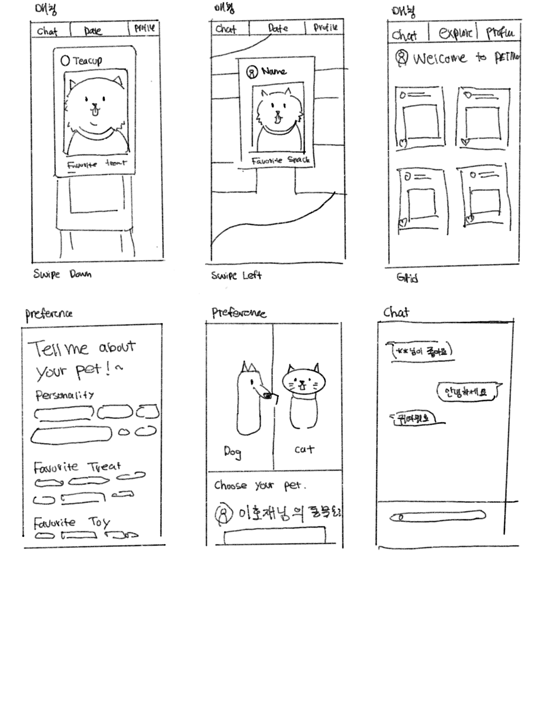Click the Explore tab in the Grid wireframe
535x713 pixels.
point(455,33)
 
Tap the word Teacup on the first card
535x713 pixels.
point(87,61)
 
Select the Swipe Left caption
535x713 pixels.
point(236,276)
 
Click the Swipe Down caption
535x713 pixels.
point(62,274)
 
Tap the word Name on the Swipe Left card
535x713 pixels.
point(274,71)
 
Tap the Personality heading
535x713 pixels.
point(65,395)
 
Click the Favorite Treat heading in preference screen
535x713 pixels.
point(77,467)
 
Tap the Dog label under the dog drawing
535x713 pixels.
point(232,452)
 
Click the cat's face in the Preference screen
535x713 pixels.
point(303,382)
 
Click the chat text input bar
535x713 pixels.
point(438,516)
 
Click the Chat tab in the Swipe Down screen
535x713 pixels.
point(47,31)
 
